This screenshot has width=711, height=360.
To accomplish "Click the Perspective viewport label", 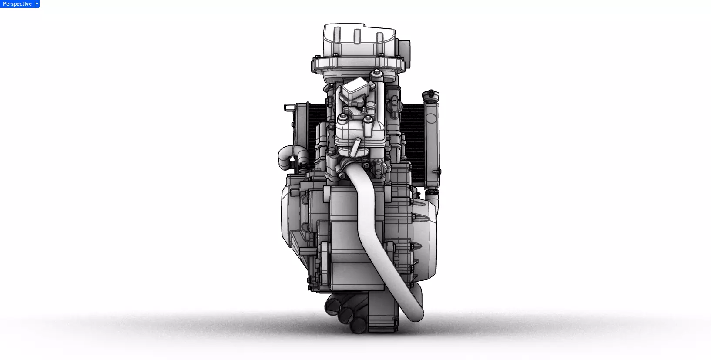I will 17,4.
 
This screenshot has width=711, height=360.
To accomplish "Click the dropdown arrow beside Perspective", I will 37,4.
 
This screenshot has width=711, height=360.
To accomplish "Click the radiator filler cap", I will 430,94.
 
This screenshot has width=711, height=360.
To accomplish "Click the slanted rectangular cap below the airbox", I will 352,91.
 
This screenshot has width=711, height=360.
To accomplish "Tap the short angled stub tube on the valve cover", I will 355,146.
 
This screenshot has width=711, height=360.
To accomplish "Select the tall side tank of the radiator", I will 433,139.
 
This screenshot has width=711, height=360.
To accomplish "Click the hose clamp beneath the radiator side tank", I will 432,190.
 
